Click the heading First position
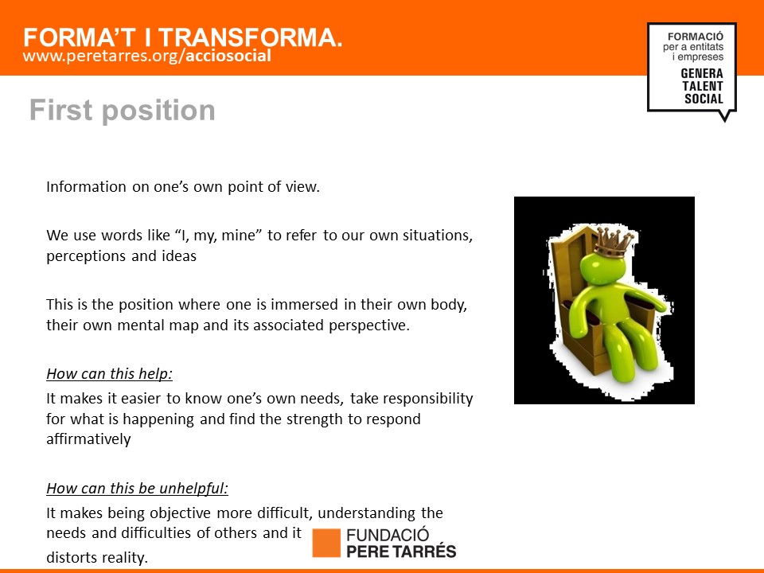click(x=123, y=111)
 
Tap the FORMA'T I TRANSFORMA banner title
click(x=183, y=37)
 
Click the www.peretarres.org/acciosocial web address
click(x=146, y=56)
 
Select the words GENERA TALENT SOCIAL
click(x=702, y=86)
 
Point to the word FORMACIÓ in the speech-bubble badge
click(x=696, y=37)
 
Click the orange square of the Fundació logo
click(x=326, y=543)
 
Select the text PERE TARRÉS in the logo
click(x=401, y=552)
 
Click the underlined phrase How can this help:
click(x=110, y=374)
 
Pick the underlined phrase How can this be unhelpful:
click(x=138, y=488)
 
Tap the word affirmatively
click(x=88, y=439)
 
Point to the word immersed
click(x=304, y=305)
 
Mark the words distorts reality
click(x=97, y=557)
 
